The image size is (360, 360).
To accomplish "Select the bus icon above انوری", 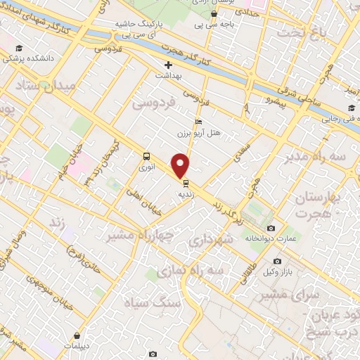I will [x=147, y=157].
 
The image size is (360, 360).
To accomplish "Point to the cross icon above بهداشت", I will [x=168, y=65].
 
